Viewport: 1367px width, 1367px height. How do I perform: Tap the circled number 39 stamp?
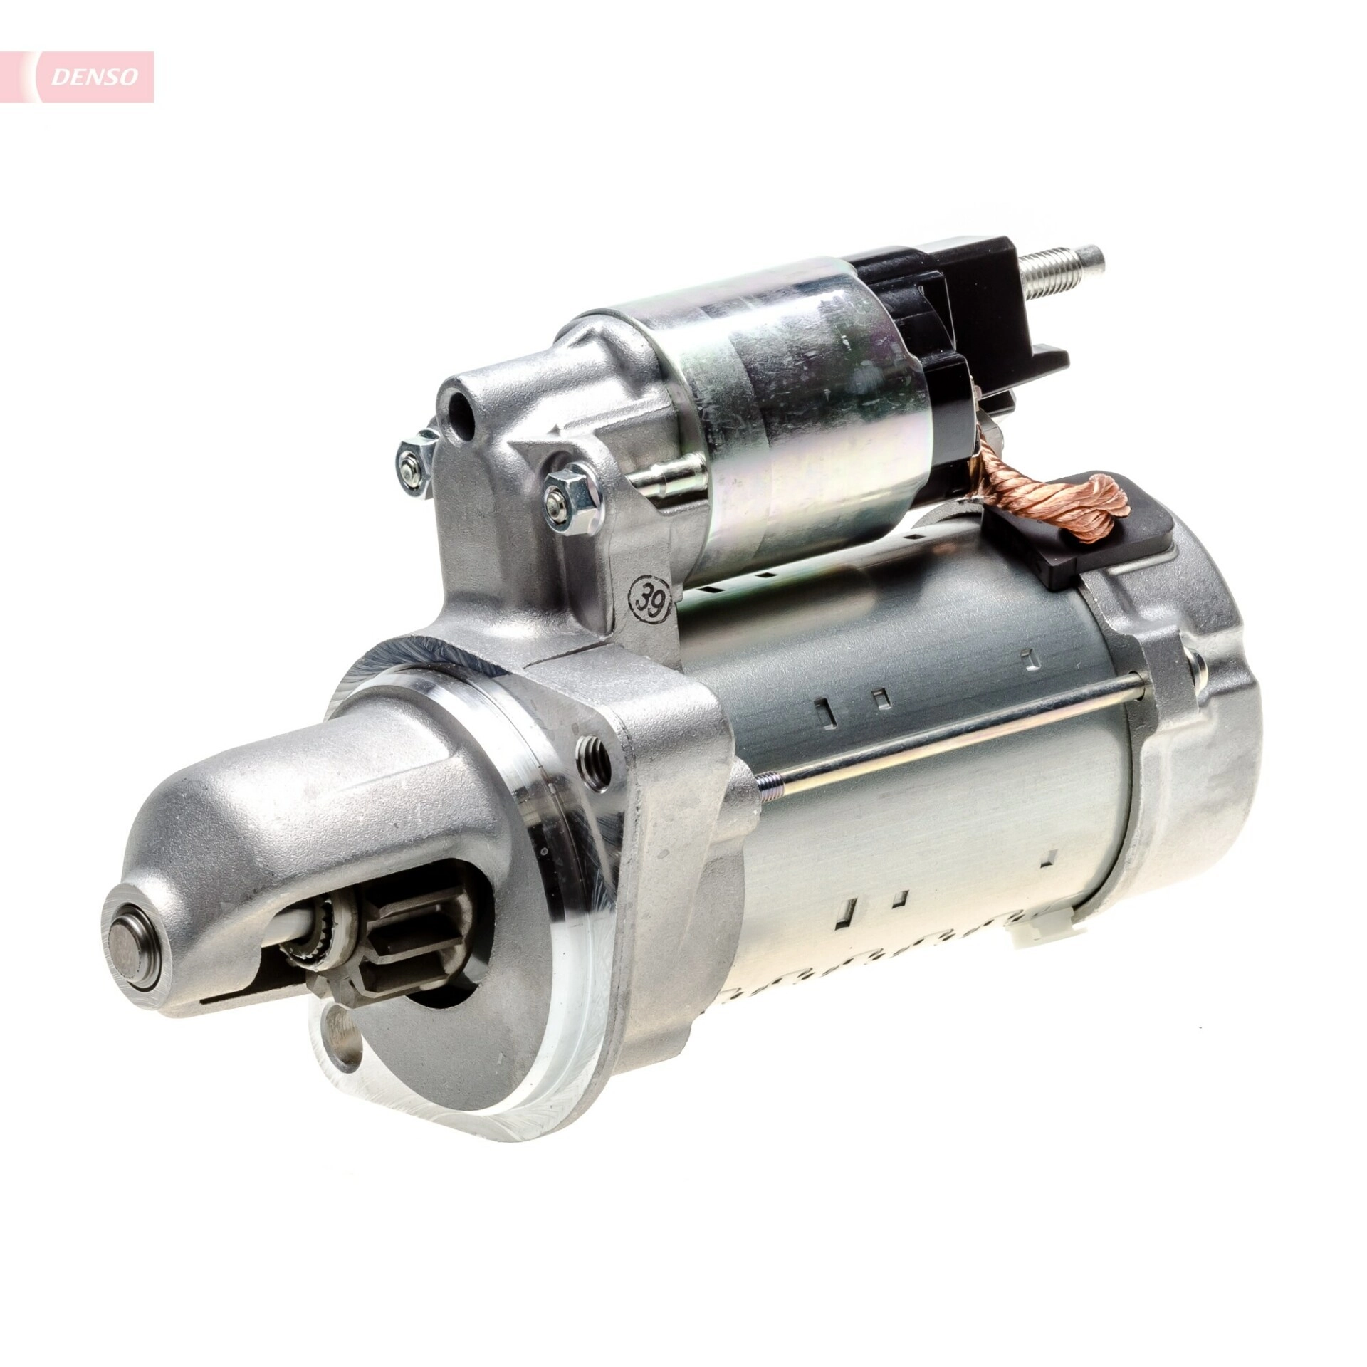(x=649, y=584)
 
